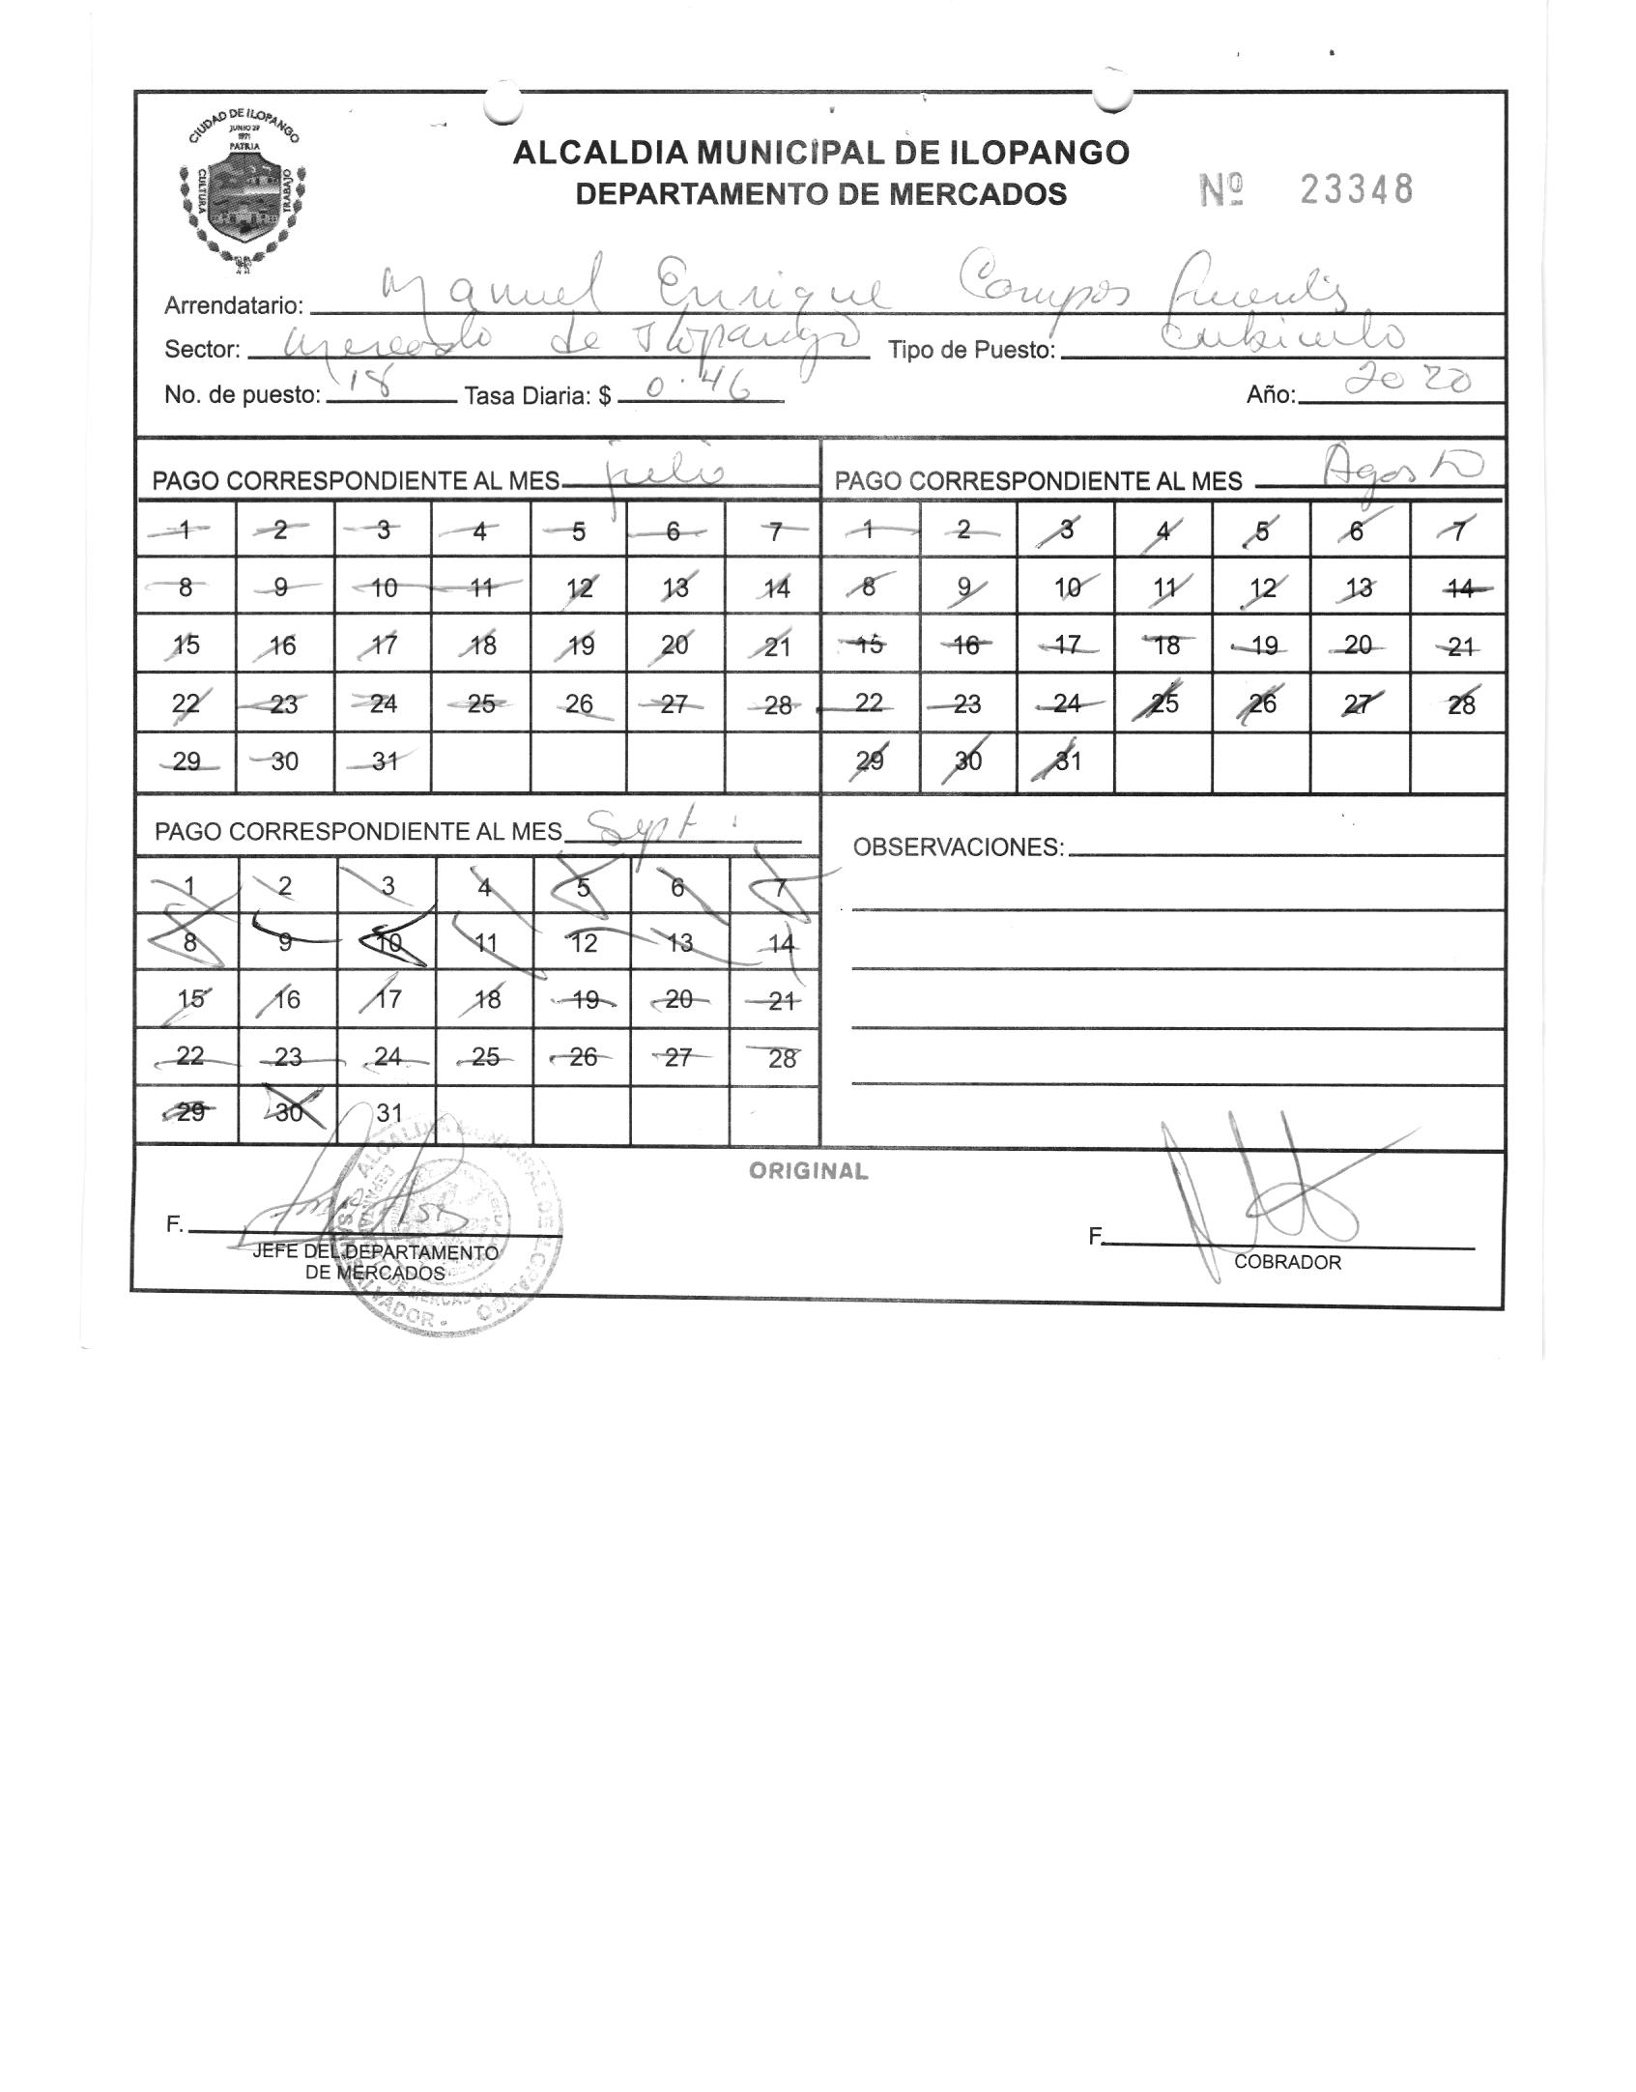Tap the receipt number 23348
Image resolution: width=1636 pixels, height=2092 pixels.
1356,190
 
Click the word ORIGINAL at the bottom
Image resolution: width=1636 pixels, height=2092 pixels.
809,1171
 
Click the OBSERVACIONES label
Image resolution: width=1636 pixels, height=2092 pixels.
958,847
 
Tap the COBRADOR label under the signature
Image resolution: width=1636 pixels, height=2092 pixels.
1287,1262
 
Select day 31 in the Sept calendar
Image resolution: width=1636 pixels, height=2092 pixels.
388,1113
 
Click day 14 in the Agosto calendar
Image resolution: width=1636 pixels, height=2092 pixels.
1460,588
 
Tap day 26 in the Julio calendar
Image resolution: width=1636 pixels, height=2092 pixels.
579,704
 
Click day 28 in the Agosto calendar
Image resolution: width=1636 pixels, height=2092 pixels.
1460,704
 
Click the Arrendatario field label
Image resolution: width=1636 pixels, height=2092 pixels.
234,306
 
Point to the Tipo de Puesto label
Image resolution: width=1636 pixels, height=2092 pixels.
971,350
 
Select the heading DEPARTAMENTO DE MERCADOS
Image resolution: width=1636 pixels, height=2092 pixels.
820,194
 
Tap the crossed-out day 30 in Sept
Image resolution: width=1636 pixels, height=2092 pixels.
289,1113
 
